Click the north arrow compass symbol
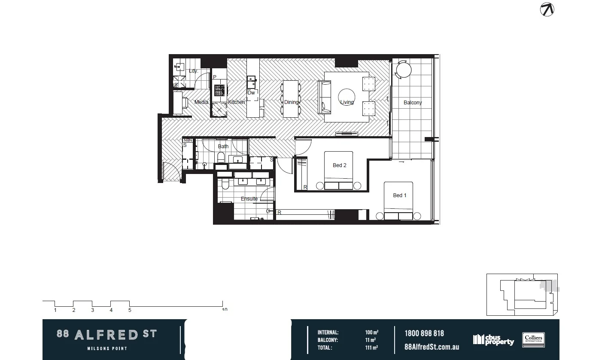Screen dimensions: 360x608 point(547,9)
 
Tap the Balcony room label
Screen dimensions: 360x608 point(413,103)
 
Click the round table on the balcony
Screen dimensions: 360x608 point(403,70)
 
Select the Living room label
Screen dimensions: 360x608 point(347,102)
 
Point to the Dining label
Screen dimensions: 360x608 point(291,102)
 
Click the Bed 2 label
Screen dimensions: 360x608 point(339,165)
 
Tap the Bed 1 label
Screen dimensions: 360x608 point(399,195)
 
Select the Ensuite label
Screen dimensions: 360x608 point(249,199)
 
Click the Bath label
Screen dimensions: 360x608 point(223,146)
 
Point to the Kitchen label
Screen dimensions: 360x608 point(236,102)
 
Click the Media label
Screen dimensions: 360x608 point(201,102)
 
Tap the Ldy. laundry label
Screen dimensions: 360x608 point(193,71)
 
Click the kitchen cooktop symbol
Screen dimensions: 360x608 point(219,90)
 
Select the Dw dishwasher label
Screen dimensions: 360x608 point(251,93)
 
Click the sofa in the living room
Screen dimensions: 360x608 point(324,97)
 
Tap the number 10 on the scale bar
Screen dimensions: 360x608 point(224,310)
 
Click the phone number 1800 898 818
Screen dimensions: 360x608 point(424,333)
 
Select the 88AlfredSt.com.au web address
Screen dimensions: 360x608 point(432,347)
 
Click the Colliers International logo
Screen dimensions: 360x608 point(533,340)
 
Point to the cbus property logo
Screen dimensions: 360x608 point(493,340)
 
